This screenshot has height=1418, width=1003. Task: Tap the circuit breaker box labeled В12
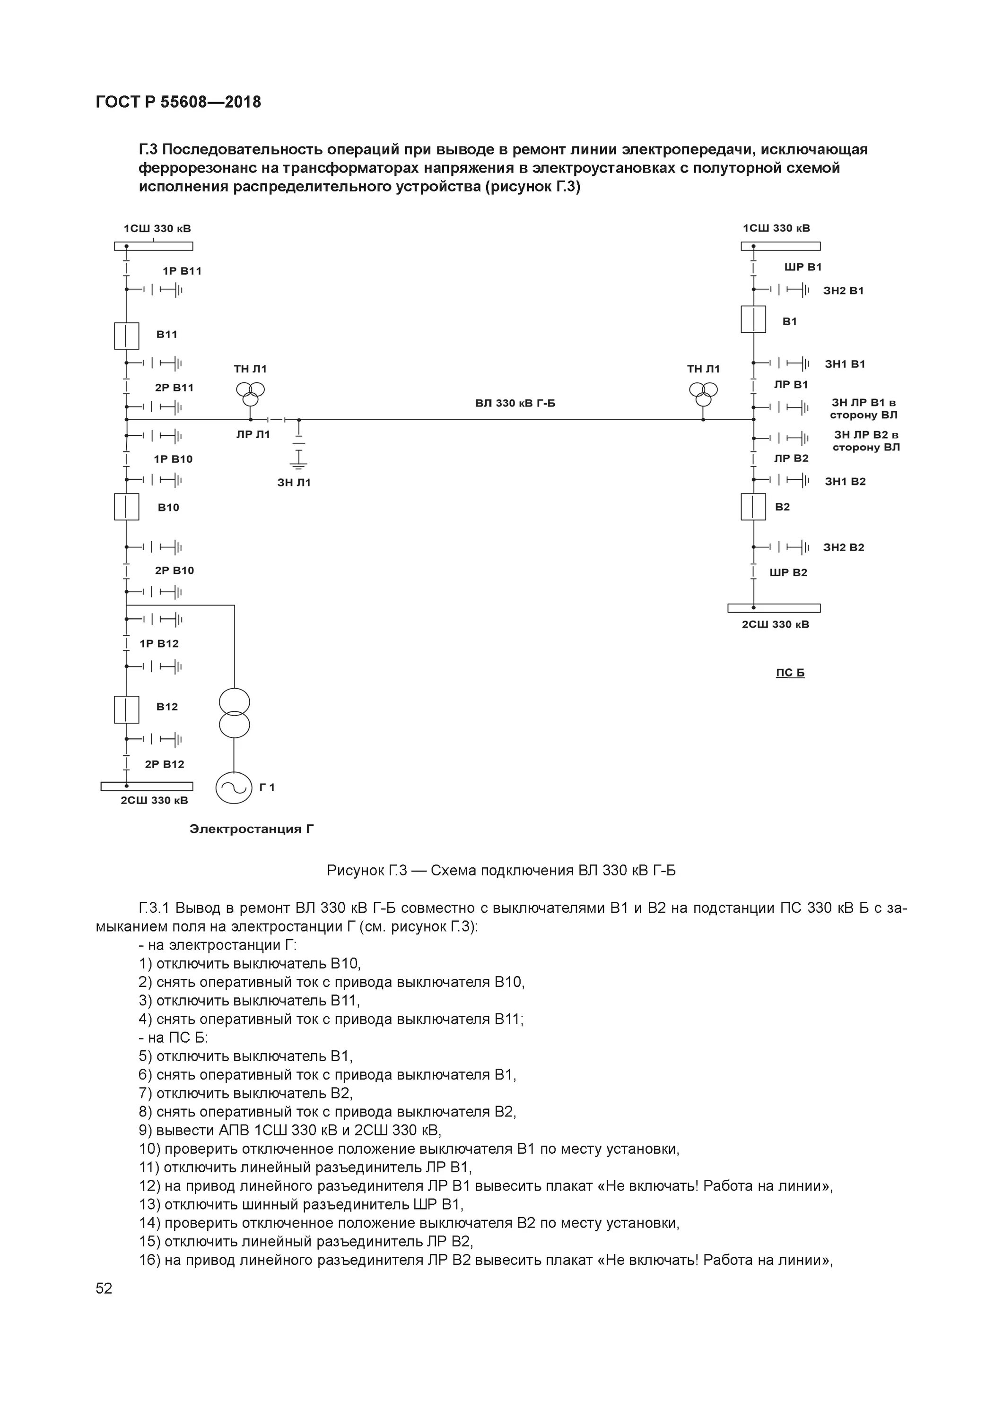coord(126,709)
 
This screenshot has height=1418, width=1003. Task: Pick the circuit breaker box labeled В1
coord(753,319)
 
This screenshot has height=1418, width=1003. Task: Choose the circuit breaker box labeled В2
coord(753,506)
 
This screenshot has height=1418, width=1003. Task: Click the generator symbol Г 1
coord(234,787)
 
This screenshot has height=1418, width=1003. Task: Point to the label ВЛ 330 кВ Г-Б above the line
coord(515,403)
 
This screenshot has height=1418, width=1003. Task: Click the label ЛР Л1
coord(253,434)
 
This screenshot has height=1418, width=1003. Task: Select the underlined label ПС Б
coord(790,673)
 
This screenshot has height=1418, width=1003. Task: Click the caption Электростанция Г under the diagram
coord(252,829)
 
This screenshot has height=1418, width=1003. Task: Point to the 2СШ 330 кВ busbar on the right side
coord(774,608)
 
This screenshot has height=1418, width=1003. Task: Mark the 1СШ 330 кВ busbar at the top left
coord(153,246)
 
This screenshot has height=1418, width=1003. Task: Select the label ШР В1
coord(803,267)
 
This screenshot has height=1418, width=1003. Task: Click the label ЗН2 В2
coord(844,547)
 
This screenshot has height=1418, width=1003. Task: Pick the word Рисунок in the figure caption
coord(354,871)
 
